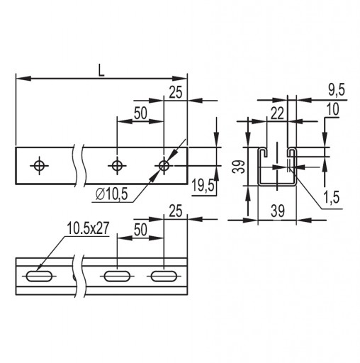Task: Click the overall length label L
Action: pyautogui.click(x=101, y=71)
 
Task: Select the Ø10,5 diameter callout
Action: pyautogui.click(x=112, y=194)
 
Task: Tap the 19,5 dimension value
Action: pyautogui.click(x=203, y=185)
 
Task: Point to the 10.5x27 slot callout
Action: pyautogui.click(x=89, y=228)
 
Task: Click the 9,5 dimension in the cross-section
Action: pyautogui.click(x=337, y=90)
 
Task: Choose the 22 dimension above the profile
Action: pyautogui.click(x=277, y=113)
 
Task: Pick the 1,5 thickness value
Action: pyautogui.click(x=332, y=197)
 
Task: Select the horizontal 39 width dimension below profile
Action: pyautogui.click(x=278, y=211)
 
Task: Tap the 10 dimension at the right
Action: pyautogui.click(x=333, y=109)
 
